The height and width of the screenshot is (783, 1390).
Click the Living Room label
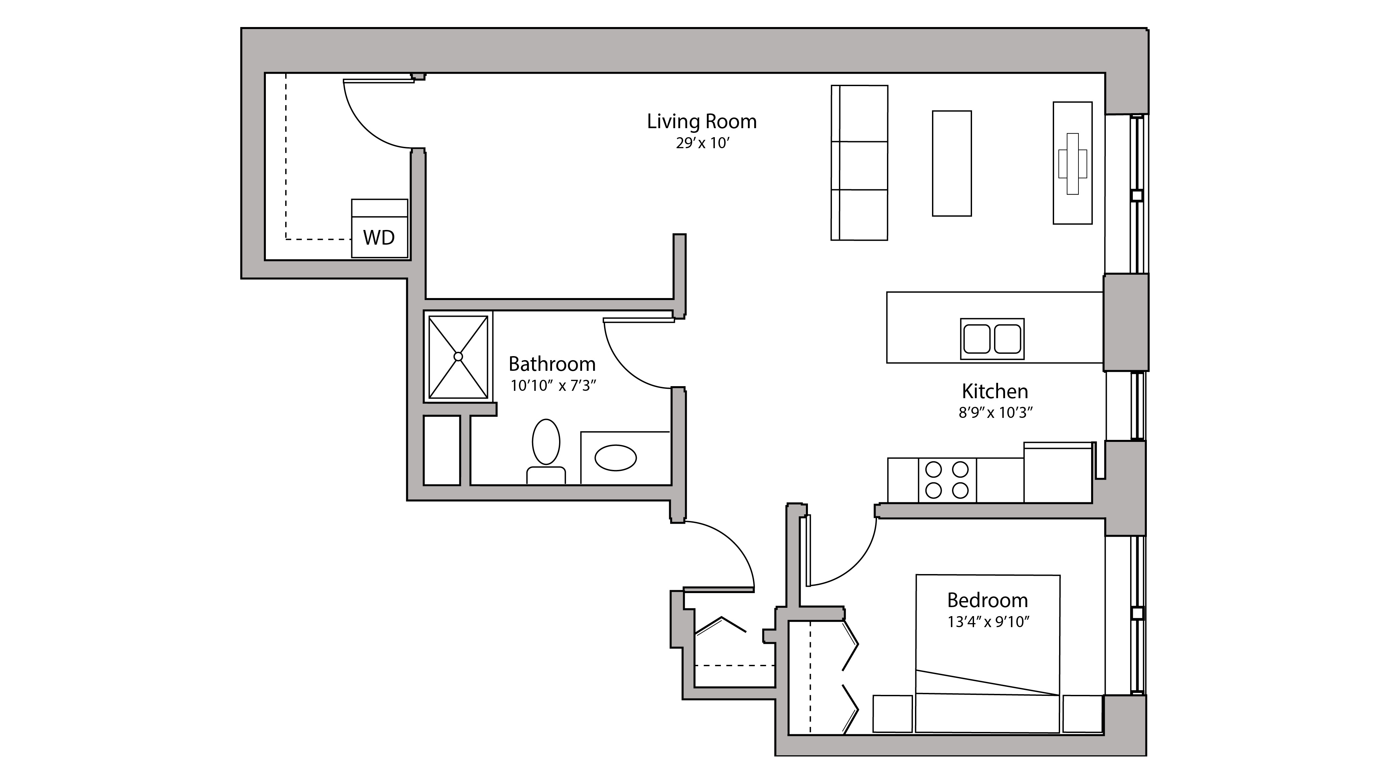pos(702,121)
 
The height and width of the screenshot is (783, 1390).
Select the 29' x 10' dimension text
pos(703,144)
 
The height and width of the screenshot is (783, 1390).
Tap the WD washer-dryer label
pos(379,237)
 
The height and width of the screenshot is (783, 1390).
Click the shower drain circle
pos(458,356)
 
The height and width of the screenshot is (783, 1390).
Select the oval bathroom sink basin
pos(615,458)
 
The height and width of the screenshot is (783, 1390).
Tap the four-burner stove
pos(947,480)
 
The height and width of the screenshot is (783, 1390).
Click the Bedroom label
pos(987,600)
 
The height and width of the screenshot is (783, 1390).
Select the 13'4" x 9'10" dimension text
pos(988,622)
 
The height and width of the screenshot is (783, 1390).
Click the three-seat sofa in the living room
pos(859,163)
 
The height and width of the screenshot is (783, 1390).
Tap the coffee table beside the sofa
pos(952,164)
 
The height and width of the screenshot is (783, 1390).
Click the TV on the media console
pos(1072,164)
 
